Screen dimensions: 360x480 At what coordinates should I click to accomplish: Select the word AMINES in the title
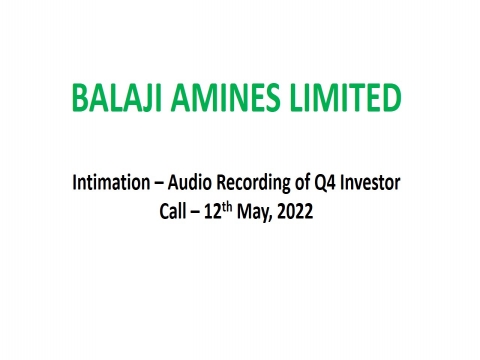[221, 100]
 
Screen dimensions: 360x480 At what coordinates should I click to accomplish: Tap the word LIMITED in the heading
[340, 100]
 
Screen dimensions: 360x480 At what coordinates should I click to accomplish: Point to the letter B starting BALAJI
[79, 100]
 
